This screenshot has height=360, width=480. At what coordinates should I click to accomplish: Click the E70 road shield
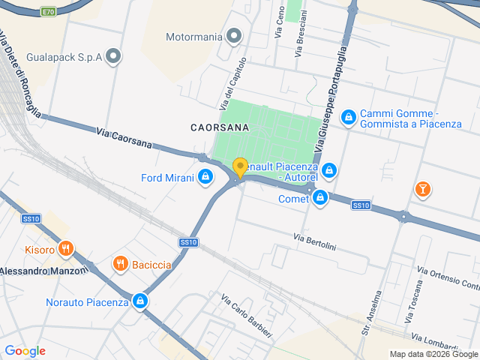pyautogui.click(x=49, y=12)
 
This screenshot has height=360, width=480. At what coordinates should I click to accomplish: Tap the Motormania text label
pyautogui.click(x=194, y=36)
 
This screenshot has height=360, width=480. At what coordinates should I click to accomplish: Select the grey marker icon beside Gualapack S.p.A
pyautogui.click(x=113, y=55)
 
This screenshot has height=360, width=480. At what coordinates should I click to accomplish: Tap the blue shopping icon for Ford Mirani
pyautogui.click(x=205, y=177)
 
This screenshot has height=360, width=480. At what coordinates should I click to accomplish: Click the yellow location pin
pyautogui.click(x=240, y=167)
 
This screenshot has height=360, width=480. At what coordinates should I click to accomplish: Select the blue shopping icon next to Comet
pyautogui.click(x=320, y=198)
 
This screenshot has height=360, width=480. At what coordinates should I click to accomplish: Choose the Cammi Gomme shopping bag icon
pyautogui.click(x=348, y=117)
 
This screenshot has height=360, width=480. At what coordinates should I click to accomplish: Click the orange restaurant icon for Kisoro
pyautogui.click(x=65, y=249)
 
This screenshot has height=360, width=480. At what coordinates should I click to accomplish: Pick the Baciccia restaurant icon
pyautogui.click(x=119, y=264)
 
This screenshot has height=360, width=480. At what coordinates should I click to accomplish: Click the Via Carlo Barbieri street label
pyautogui.click(x=247, y=315)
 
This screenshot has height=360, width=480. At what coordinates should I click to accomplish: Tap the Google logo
pyautogui.click(x=25, y=351)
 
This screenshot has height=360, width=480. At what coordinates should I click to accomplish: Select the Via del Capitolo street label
pyautogui.click(x=233, y=82)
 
